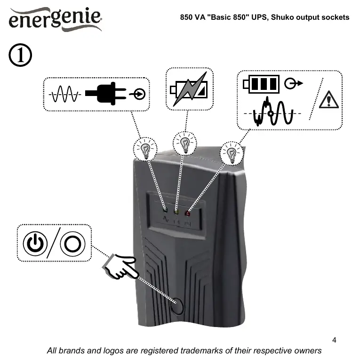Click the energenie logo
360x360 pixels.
click(55, 20)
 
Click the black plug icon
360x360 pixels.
click(106, 94)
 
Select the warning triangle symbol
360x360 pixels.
click(328, 100)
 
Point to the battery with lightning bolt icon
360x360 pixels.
click(189, 88)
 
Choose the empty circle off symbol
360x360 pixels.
click(72, 244)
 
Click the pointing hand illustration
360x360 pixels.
click(120, 266)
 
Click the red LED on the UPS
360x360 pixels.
click(187, 213)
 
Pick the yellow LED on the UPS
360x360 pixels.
click(176, 212)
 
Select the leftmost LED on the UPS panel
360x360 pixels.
click(165, 210)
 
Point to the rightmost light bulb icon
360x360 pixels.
click(232, 152)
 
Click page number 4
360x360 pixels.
click(334, 340)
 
